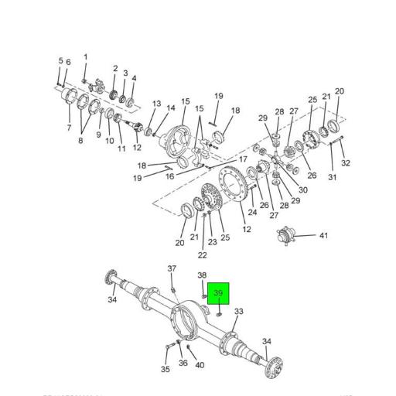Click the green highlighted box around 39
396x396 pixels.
pos(218,295)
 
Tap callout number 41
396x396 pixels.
pos(324,236)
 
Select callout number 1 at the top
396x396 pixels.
pos(85,56)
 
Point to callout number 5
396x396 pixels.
pos(60,61)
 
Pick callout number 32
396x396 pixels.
pos(346,163)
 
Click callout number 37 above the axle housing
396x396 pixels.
pos(172,268)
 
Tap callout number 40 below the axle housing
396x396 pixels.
pos(200,365)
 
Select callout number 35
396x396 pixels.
pos(165,370)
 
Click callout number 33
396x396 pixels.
pos(239,312)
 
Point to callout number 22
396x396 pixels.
pos(202,254)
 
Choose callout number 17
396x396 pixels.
pos(243,159)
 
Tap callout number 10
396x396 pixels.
pos(109,142)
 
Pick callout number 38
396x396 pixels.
pos(201,275)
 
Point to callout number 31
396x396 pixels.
pos(332,178)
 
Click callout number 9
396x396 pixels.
pos(98,135)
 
